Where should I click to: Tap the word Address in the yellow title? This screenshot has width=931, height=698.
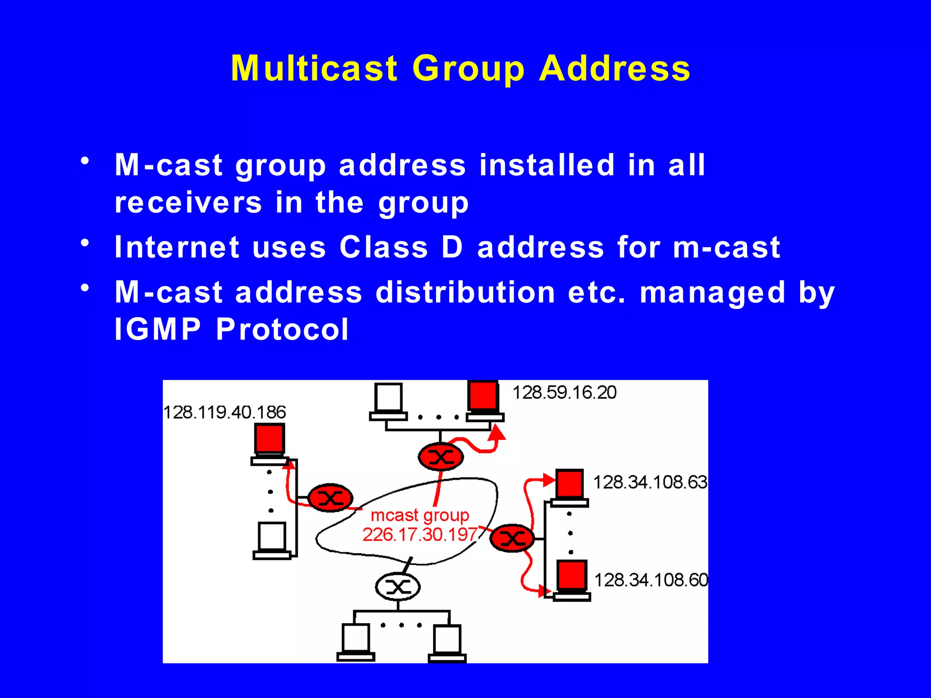coord(615,68)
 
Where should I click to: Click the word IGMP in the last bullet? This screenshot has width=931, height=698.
coord(157,329)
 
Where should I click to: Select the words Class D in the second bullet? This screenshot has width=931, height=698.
coord(401,247)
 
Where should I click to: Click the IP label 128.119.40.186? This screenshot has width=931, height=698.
coord(225,412)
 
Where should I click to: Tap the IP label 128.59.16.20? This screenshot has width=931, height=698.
coord(564,392)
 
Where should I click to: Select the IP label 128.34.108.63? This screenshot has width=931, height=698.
coord(650,482)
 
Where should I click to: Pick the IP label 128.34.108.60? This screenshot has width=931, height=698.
coord(651,580)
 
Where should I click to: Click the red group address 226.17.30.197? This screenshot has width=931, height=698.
coord(420,534)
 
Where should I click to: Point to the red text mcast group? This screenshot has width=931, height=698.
coord(420,515)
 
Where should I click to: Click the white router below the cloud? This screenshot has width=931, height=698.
coord(398,587)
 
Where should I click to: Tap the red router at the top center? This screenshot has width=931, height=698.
coord(440,457)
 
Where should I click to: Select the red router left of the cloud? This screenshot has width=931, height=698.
coord(330,498)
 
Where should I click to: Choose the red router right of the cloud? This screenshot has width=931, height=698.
coord(512,538)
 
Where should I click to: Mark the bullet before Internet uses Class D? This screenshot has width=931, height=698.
coord(85,243)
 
